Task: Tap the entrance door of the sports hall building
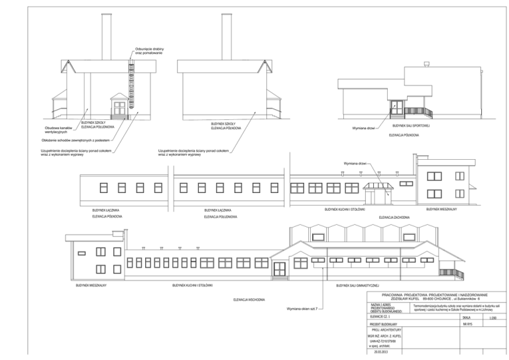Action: click(x=395, y=107)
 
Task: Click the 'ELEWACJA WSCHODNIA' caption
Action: click(x=249, y=300)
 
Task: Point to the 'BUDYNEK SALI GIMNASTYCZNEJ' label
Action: click(x=357, y=286)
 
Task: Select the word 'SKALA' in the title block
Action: click(x=465, y=318)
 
